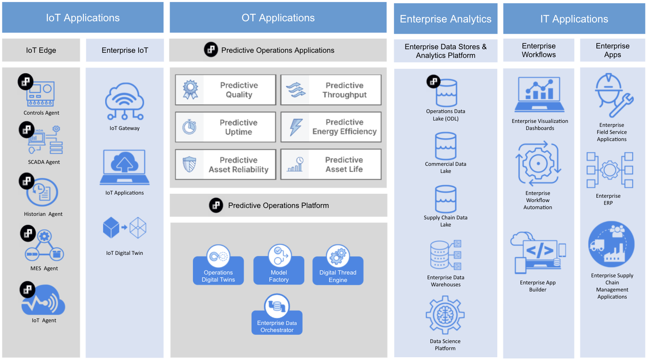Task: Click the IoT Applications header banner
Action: (x=83, y=18)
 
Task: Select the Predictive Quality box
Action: (x=226, y=90)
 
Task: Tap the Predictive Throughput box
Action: (x=331, y=90)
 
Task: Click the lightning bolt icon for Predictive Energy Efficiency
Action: (x=296, y=127)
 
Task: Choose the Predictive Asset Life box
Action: (x=331, y=164)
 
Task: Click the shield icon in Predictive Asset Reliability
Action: (x=190, y=164)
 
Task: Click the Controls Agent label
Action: (x=41, y=113)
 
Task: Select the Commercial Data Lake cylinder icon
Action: (x=446, y=146)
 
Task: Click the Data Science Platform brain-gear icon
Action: (x=445, y=315)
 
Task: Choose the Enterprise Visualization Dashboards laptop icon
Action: (x=539, y=95)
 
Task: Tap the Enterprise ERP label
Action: (x=608, y=200)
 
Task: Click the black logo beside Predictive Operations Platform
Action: (x=216, y=205)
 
